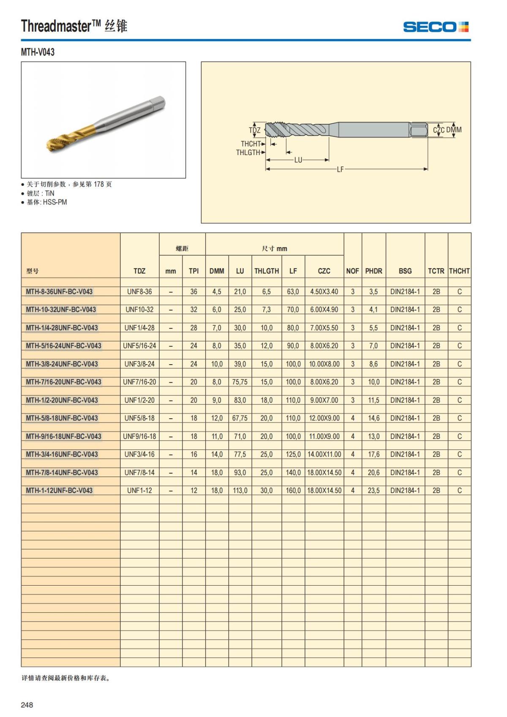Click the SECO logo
click(436, 27)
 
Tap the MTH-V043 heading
click(38, 52)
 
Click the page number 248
click(27, 705)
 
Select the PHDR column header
click(373, 271)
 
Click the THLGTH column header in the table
click(266, 271)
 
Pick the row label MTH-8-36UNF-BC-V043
click(59, 292)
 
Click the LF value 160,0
click(293, 491)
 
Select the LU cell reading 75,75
click(240, 382)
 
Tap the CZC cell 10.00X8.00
click(324, 364)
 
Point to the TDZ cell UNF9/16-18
click(139, 436)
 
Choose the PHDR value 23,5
click(373, 491)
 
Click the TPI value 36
click(194, 292)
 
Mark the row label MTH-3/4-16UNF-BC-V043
click(62, 455)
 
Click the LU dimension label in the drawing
click(298, 160)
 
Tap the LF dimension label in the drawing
click(340, 169)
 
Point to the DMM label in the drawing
click(454, 130)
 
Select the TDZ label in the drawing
click(254, 130)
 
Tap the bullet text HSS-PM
click(55, 202)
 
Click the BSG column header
click(405, 271)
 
